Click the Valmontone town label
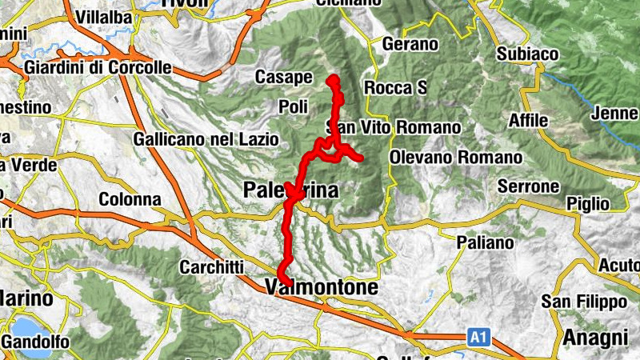point(320,286)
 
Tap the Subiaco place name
point(527,54)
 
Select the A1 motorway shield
point(478,338)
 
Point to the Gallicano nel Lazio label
point(206,139)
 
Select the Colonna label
point(130,199)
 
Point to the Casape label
point(283,78)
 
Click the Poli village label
point(293,106)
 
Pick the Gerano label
point(410,45)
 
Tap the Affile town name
point(529,121)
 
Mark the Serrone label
point(527,186)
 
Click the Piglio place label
point(587,203)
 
